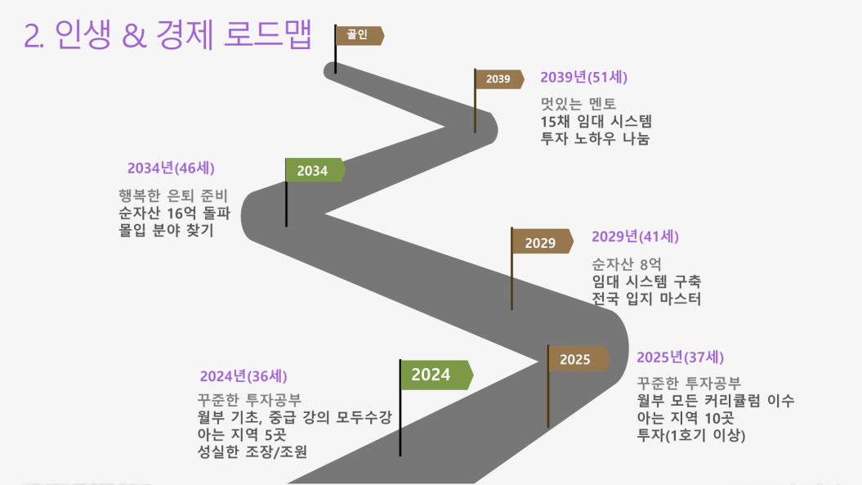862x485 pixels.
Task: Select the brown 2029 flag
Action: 542,241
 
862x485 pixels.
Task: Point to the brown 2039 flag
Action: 498,79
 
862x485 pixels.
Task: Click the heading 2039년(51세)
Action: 583,77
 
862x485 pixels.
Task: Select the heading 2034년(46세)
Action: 171,168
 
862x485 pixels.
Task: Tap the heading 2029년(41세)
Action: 635,236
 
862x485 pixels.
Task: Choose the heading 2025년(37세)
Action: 680,357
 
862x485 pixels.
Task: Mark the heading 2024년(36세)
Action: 243,376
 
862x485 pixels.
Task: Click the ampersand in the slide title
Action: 134,35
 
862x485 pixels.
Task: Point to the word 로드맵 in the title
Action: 268,34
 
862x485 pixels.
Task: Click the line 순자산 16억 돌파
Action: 174,213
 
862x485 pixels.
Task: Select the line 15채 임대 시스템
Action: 596,121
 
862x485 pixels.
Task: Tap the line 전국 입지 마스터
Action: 646,299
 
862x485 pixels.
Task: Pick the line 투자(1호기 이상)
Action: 691,435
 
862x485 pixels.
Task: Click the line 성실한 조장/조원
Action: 252,451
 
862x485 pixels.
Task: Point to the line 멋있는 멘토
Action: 578,104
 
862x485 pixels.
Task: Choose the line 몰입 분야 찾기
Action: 166,230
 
